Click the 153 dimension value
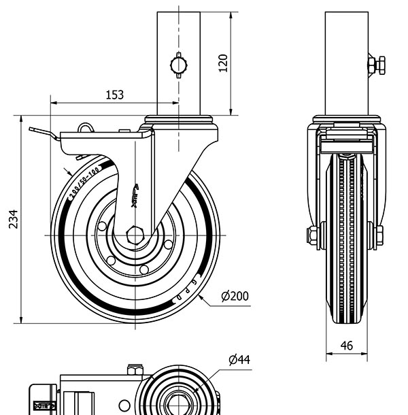click(x=114, y=95)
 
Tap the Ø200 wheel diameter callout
click(x=235, y=297)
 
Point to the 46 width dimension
click(x=346, y=346)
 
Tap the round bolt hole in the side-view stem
click(x=178, y=65)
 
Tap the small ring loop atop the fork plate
click(x=84, y=127)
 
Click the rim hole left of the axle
click(x=102, y=227)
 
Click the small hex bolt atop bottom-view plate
click(x=135, y=371)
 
